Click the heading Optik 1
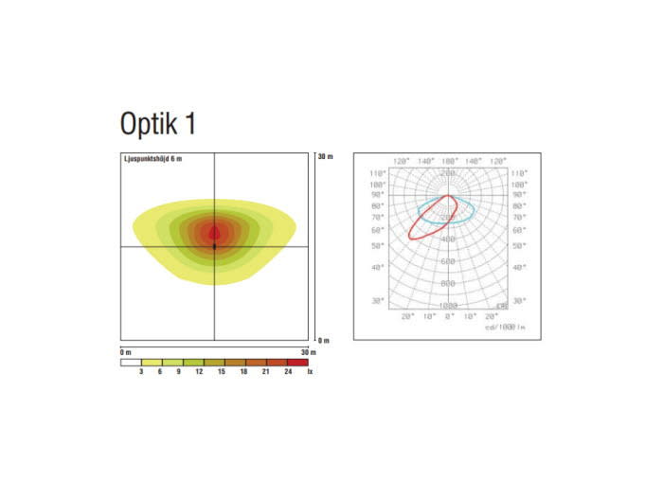(x=157, y=124)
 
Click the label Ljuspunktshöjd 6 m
(x=152, y=158)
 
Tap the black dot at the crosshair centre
(x=215, y=246)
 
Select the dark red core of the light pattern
(x=215, y=231)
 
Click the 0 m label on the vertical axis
(x=324, y=339)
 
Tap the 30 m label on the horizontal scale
(x=304, y=352)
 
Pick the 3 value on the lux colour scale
(x=141, y=373)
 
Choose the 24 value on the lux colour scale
(x=288, y=373)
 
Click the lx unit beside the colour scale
(x=310, y=373)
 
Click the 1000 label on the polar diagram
(x=448, y=306)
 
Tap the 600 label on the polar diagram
(x=448, y=261)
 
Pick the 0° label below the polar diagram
(x=449, y=316)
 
